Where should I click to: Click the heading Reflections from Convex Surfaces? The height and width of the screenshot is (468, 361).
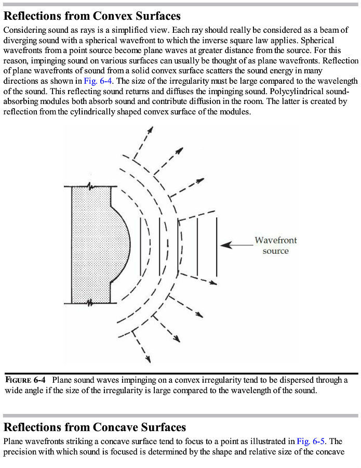pyautogui.click(x=92, y=16)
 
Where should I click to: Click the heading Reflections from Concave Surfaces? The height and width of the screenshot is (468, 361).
pyautogui.click(x=95, y=427)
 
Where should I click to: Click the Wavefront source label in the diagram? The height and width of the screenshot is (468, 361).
pyautogui.click(x=275, y=245)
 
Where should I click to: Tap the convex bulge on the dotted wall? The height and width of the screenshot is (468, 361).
pyautogui.click(x=123, y=244)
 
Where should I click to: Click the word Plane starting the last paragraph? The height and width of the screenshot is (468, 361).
pyautogui.click(x=14, y=441)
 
